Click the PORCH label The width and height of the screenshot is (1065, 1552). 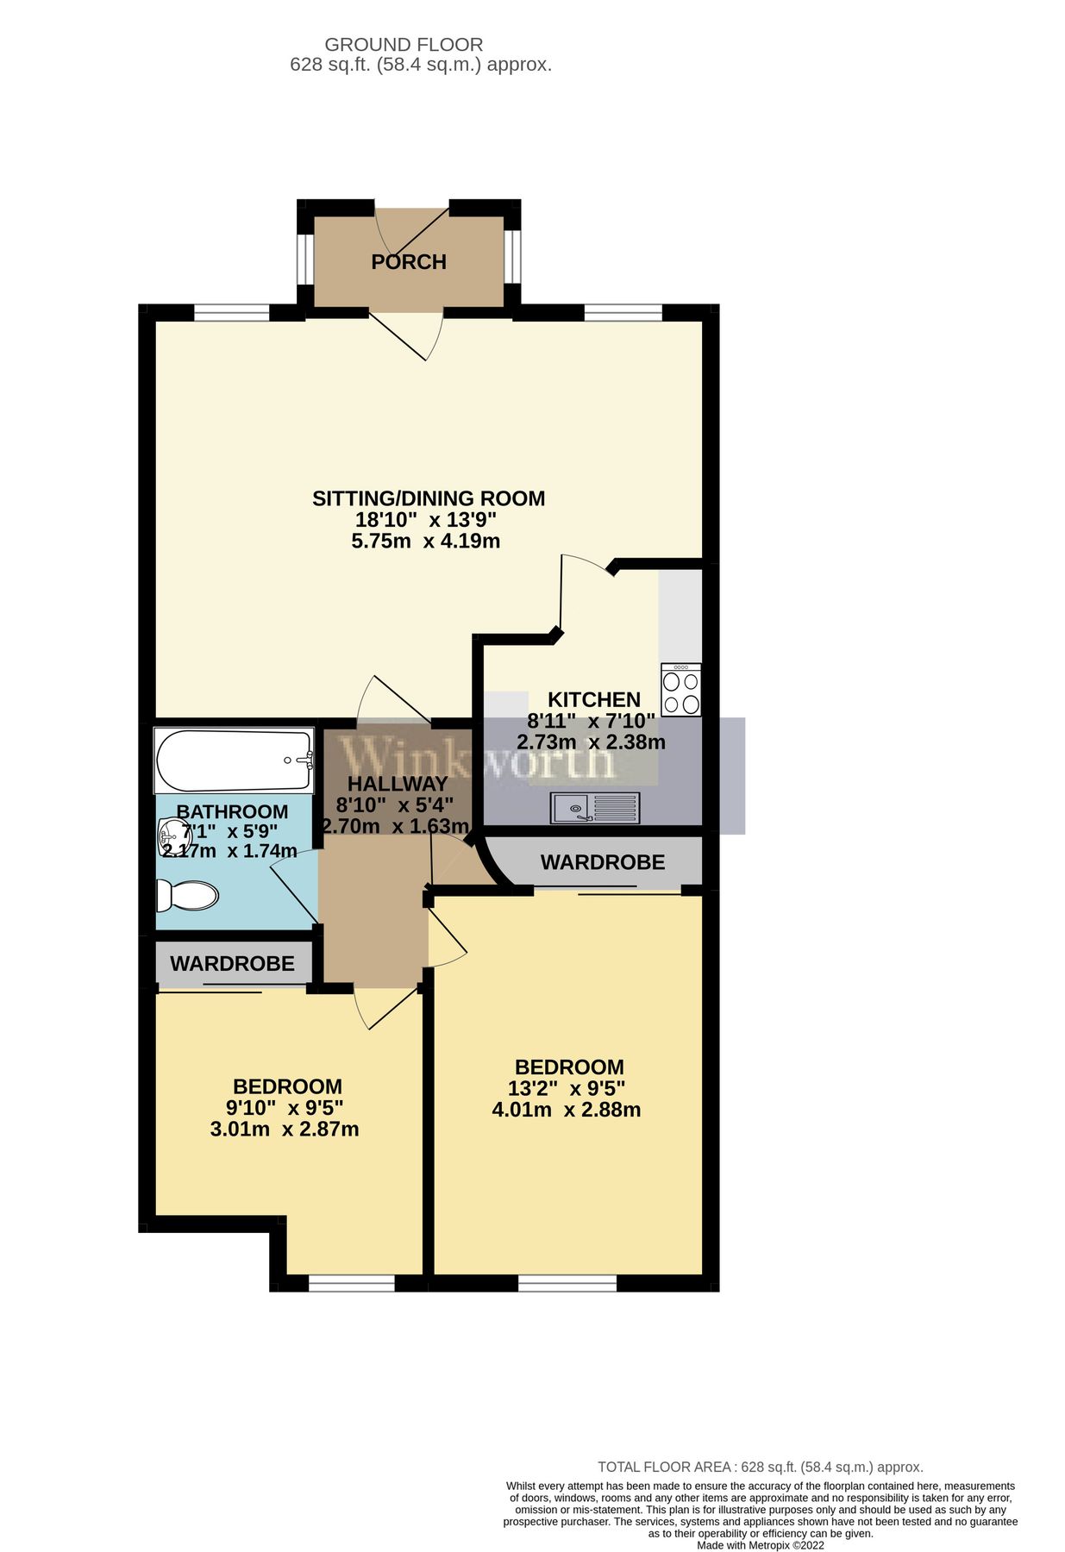(408, 261)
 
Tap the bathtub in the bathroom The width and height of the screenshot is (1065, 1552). (233, 760)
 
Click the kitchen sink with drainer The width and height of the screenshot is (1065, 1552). (595, 807)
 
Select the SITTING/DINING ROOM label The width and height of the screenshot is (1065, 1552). (428, 498)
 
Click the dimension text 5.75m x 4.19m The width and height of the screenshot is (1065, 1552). (425, 541)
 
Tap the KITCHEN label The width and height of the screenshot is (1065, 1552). (594, 699)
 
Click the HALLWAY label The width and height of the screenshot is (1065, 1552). (398, 784)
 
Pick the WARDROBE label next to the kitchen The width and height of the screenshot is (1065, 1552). (602, 861)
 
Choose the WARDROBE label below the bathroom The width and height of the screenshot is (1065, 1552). (232, 963)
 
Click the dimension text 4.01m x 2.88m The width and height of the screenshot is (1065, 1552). (566, 1110)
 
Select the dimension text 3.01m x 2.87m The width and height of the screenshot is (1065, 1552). (284, 1129)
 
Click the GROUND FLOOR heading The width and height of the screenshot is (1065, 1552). (404, 44)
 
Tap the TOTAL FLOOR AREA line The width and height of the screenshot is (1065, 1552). (760, 1467)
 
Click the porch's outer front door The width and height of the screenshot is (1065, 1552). (412, 226)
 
